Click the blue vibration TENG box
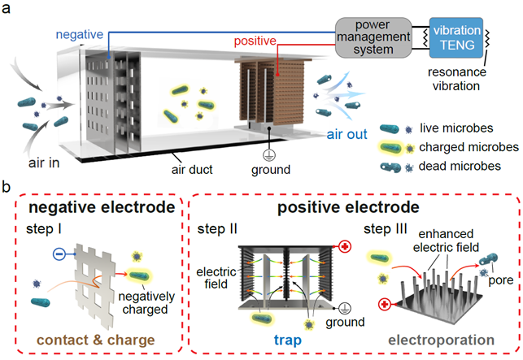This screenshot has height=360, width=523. click(x=456, y=37)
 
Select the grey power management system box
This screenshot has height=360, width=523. click(x=373, y=37)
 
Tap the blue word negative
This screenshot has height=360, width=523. click(x=80, y=34)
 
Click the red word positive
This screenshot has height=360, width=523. click(x=255, y=41)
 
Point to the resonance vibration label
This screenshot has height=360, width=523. click(x=456, y=79)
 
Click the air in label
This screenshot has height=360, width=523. click(x=44, y=163)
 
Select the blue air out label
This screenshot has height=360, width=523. click(x=346, y=134)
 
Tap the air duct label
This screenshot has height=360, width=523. click(x=192, y=169)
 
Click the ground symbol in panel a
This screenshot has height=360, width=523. click(x=269, y=155)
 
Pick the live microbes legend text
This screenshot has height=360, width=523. click(x=456, y=128)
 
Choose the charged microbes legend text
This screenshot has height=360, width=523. click(x=469, y=147)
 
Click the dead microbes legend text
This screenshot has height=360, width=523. click(x=460, y=166)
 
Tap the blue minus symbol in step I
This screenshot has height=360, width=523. click(x=59, y=254)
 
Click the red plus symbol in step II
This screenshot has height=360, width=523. click(x=345, y=247)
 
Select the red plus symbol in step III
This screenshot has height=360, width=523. click(x=385, y=305)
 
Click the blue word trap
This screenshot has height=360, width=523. click(x=287, y=340)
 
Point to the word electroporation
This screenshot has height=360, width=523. click(x=442, y=340)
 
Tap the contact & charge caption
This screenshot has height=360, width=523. click(x=96, y=340)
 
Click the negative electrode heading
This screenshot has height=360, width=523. click(x=102, y=207)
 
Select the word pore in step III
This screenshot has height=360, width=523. click(x=501, y=280)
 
